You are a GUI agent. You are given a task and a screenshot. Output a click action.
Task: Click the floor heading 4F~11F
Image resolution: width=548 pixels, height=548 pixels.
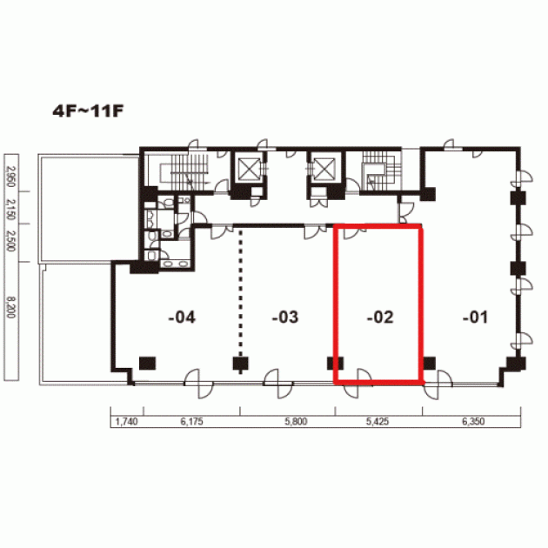(x=88, y=111)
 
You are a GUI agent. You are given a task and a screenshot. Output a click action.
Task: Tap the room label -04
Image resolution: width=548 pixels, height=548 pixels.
(x=182, y=317)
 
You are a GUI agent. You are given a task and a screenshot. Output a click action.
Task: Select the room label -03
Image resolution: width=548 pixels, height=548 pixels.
(x=285, y=317)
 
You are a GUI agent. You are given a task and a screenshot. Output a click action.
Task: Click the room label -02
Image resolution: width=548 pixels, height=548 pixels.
(x=380, y=317)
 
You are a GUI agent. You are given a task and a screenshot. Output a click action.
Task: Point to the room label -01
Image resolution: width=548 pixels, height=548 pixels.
(x=475, y=317)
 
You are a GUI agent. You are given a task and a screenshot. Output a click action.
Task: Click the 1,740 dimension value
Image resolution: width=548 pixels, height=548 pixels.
(x=126, y=422)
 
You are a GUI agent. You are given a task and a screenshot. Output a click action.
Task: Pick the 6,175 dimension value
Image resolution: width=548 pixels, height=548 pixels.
(x=191, y=422)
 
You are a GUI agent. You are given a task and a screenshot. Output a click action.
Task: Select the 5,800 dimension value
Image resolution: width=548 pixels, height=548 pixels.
(x=296, y=422)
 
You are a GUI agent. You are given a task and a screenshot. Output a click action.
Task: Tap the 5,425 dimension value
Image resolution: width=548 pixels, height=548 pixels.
(x=378, y=422)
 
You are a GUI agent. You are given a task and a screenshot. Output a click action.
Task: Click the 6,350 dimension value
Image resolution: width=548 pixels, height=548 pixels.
(x=473, y=422)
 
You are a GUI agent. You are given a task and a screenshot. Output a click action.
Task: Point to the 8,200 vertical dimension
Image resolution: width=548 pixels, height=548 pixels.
(x=11, y=308)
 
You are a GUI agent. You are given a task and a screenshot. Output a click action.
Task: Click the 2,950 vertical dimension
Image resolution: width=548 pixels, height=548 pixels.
(x=11, y=177)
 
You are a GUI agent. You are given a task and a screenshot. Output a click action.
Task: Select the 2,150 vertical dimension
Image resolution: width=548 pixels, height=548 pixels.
(x=11, y=210)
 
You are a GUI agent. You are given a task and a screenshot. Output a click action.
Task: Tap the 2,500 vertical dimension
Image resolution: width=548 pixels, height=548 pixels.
(x=11, y=240)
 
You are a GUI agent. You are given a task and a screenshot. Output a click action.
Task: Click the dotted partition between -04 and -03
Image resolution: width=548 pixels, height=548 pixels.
(x=240, y=302)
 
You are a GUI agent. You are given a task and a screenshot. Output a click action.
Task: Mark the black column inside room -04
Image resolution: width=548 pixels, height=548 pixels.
(x=148, y=364)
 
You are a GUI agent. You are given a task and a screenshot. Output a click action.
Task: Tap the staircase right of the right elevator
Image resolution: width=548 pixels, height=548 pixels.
(x=381, y=170)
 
